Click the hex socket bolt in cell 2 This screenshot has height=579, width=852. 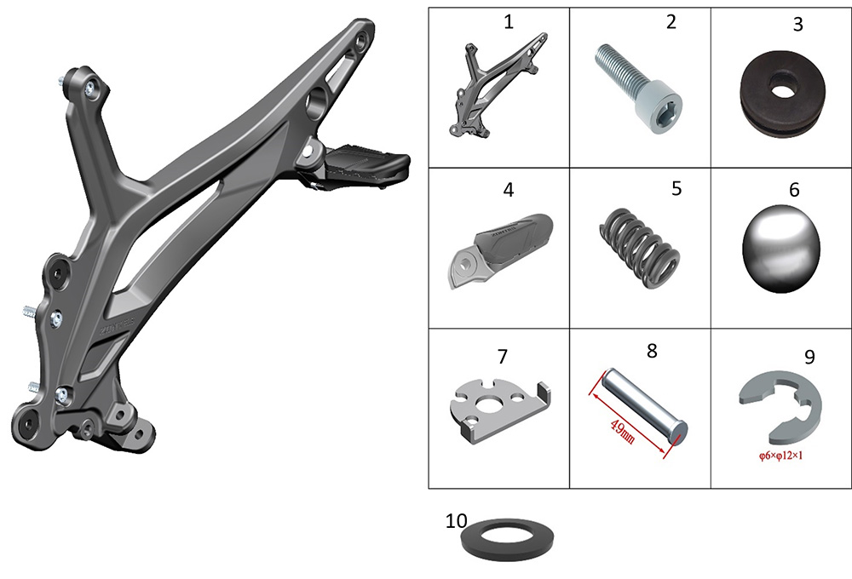pyautogui.click(x=638, y=88)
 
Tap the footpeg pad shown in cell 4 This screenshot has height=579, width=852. pyautogui.click(x=501, y=249)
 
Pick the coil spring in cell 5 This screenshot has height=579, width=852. pyautogui.click(x=639, y=247)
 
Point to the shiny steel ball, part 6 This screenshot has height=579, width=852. pyautogui.click(x=780, y=249)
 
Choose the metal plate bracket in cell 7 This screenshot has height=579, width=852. pyautogui.click(x=500, y=411)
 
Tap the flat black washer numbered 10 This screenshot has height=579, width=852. pyautogui.click(x=507, y=539)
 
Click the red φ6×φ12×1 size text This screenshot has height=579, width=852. pyautogui.click(x=780, y=456)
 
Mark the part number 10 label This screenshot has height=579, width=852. pyautogui.click(x=456, y=521)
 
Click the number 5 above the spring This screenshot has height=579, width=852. pyautogui.click(x=676, y=188)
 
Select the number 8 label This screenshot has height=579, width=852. pyautogui.click(x=652, y=352)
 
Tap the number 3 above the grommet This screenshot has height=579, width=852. pyautogui.click(x=797, y=25)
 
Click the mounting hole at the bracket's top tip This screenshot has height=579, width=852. pyautogui.click(x=361, y=40)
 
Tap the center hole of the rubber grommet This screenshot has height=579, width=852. pyautogui.click(x=782, y=88)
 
